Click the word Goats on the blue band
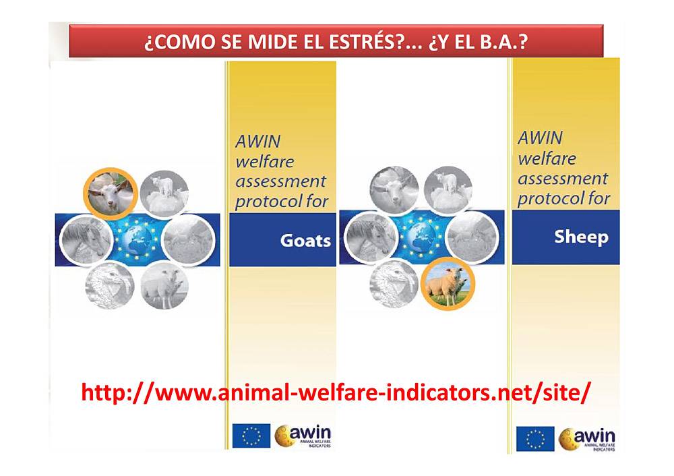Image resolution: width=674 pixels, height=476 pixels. pyautogui.click(x=305, y=241)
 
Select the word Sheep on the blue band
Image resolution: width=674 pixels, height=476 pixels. pyautogui.click(x=581, y=237)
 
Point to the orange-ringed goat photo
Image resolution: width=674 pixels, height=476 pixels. pyautogui.click(x=111, y=194)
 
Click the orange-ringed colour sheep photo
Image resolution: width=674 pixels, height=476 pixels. pyautogui.click(x=448, y=283)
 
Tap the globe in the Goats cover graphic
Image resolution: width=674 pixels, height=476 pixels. pyautogui.click(x=137, y=239)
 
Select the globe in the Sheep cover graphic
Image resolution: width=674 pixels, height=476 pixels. pyautogui.click(x=421, y=236)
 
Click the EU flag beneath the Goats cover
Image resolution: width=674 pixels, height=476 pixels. pyautogui.click(x=251, y=436)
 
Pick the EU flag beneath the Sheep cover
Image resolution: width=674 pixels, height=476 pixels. pyautogui.click(x=535, y=439)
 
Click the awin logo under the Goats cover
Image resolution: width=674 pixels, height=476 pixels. pyautogui.click(x=303, y=436)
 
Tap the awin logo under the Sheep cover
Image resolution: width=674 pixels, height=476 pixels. pyautogui.click(x=587, y=439)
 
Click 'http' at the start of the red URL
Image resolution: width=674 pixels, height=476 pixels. pyautogui.click(x=103, y=392)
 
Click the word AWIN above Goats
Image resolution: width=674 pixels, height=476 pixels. pyautogui.click(x=258, y=142)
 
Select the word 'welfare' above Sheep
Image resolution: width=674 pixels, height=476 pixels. pyautogui.click(x=547, y=158)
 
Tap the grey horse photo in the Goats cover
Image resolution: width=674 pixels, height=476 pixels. pyautogui.click(x=86, y=239)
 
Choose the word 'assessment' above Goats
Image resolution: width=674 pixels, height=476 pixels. pyautogui.click(x=280, y=181)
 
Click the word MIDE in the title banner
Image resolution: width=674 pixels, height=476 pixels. pyautogui.click(x=272, y=42)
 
